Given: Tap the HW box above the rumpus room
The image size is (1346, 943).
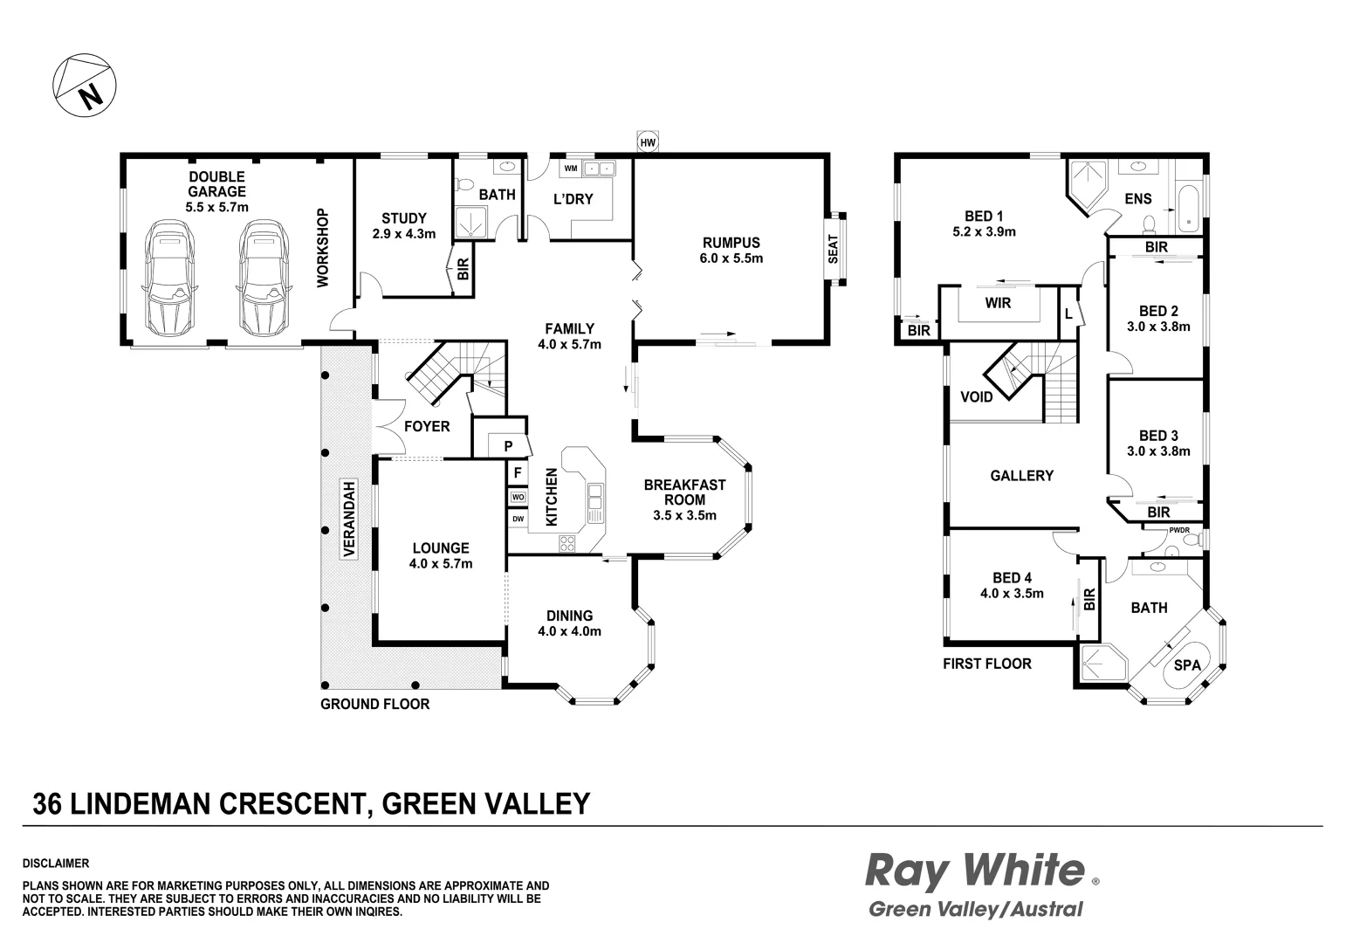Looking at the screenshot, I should pyautogui.click(x=647, y=142).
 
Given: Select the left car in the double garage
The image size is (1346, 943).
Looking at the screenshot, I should pyautogui.click(x=170, y=278).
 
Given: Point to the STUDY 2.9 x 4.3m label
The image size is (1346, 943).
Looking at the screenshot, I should pyautogui.click(x=403, y=225).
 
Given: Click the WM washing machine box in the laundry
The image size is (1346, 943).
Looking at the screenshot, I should pyautogui.click(x=571, y=168).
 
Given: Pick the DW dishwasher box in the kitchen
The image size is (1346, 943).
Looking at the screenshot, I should pyautogui.click(x=518, y=519).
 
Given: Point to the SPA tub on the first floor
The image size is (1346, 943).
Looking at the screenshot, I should pyautogui.click(x=1186, y=665).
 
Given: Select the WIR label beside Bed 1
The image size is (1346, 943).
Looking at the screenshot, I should pyautogui.click(x=998, y=303).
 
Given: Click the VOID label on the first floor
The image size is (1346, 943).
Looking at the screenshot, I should pyautogui.click(x=976, y=397).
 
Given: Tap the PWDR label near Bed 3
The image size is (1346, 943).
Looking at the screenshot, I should pyautogui.click(x=1178, y=530).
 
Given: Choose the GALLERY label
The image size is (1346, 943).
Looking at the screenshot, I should pyautogui.click(x=1021, y=476).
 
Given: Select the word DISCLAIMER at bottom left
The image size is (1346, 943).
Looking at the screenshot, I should pyautogui.click(x=56, y=864).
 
